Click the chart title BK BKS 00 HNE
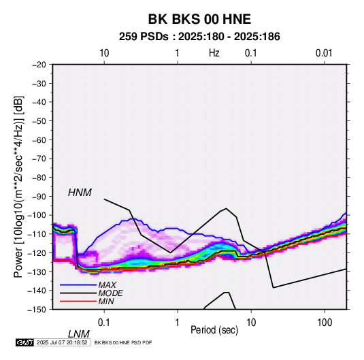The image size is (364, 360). coord(199,19)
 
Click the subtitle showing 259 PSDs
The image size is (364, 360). coord(199,37)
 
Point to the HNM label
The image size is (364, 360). coord(80,193)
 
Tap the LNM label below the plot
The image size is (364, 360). coord(79,334)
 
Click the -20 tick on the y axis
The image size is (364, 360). coord(39,65)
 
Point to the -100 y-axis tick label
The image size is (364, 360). coord(37,215)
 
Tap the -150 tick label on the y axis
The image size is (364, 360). coord(37,310)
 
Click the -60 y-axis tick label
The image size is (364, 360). coord(39,140)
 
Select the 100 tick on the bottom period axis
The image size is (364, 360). coord(325,323)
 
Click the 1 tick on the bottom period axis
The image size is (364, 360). coord(178,323)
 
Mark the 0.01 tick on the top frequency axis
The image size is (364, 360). coord(324,53)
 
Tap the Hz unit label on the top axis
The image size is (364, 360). coord(214,53)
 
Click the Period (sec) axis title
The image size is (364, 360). coord(214,330)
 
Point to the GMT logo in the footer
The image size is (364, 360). coord(25,342)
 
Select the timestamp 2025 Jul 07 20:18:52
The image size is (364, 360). coord(62,342)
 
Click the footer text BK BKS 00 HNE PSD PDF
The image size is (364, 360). coord(123,342)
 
